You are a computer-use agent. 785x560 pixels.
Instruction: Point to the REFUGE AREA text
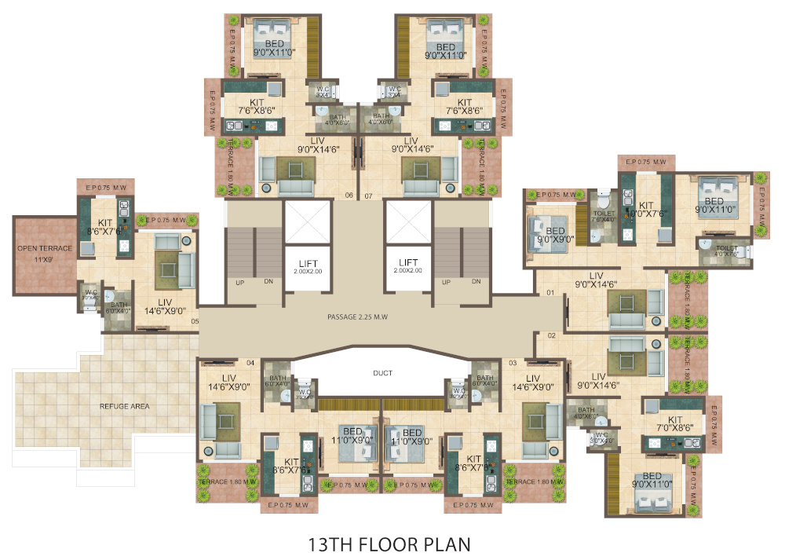125,406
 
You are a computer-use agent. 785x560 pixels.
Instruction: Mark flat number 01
551,294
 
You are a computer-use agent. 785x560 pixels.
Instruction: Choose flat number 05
195,320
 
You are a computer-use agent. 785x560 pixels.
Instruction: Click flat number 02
551,336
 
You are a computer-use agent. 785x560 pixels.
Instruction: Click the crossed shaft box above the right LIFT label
407,221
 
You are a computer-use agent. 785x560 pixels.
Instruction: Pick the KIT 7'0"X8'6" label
674,424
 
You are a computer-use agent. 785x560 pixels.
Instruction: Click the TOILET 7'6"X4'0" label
604,216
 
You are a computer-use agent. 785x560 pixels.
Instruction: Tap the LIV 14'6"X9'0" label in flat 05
165,306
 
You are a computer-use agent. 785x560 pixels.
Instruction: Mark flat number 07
369,196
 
